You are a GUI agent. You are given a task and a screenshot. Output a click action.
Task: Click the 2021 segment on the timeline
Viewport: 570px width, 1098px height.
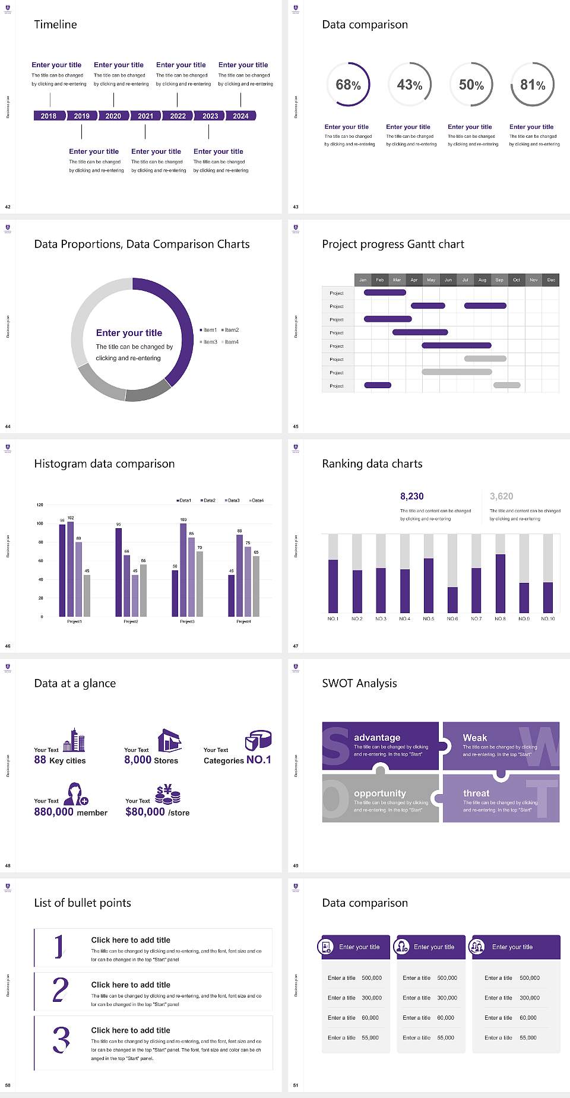pyautogui.click(x=145, y=116)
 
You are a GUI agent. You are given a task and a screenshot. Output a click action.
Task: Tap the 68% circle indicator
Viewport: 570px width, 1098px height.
pyautogui.click(x=348, y=85)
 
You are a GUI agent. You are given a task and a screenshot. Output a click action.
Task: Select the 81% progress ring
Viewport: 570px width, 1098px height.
pyautogui.click(x=533, y=85)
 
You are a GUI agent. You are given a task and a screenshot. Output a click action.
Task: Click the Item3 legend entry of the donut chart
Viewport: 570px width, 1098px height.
pyautogui.click(x=209, y=342)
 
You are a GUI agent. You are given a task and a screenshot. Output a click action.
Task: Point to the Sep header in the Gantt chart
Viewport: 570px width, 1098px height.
pyautogui.click(x=499, y=280)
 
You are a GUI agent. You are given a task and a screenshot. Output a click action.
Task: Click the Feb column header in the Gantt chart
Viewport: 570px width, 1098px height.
pyautogui.click(x=380, y=280)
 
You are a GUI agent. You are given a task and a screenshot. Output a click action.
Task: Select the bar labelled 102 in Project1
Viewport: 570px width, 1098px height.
pyautogui.click(x=71, y=567)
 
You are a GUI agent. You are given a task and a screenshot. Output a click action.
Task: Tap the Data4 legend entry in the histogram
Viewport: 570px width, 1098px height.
pyautogui.click(x=256, y=500)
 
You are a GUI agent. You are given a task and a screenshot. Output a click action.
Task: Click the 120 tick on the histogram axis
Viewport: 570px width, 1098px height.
pyautogui.click(x=40, y=504)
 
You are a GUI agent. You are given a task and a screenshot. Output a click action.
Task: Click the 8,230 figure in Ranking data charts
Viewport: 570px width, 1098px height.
pyautogui.click(x=411, y=496)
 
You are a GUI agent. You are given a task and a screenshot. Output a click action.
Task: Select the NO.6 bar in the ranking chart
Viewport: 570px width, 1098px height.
pyautogui.click(x=452, y=599)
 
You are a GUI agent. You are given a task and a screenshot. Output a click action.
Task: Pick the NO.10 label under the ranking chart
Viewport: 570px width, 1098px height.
pyautogui.click(x=547, y=618)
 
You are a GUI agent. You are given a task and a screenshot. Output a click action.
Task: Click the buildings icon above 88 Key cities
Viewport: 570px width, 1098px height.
pyautogui.click(x=74, y=741)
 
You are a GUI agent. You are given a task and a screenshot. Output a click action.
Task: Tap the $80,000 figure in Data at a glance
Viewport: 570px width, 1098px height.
pyautogui.click(x=145, y=812)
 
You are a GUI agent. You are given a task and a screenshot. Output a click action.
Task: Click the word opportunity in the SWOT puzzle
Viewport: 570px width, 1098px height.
pyautogui.click(x=380, y=794)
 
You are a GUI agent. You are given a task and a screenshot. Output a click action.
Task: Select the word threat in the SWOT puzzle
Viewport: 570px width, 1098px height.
pyautogui.click(x=476, y=794)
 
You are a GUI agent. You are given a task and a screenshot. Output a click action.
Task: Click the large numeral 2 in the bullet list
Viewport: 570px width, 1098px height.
pyautogui.click(x=61, y=990)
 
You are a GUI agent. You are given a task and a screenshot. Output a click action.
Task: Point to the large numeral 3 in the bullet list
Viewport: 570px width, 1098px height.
pyautogui.click(x=61, y=1040)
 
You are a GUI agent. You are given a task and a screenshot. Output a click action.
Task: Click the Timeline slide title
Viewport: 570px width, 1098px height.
pyautogui.click(x=55, y=24)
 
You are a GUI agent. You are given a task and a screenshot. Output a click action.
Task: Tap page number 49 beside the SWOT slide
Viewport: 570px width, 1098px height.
pyautogui.click(x=296, y=865)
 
